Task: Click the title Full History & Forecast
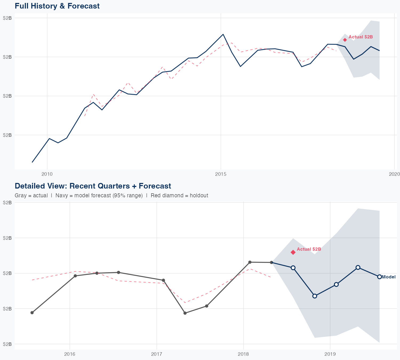[x=57, y=6]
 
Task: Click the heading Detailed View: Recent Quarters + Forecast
[x=93, y=186]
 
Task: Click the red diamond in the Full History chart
[x=345, y=40]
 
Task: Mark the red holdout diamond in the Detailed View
[x=293, y=252]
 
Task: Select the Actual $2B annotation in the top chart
[x=361, y=37]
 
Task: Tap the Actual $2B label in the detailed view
[x=309, y=249]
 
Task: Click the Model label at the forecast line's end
[x=389, y=277]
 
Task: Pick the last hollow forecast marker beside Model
[x=379, y=277]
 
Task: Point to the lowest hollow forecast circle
[x=315, y=296]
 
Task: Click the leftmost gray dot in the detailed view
[x=32, y=313]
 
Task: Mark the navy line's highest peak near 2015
[x=223, y=34]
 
